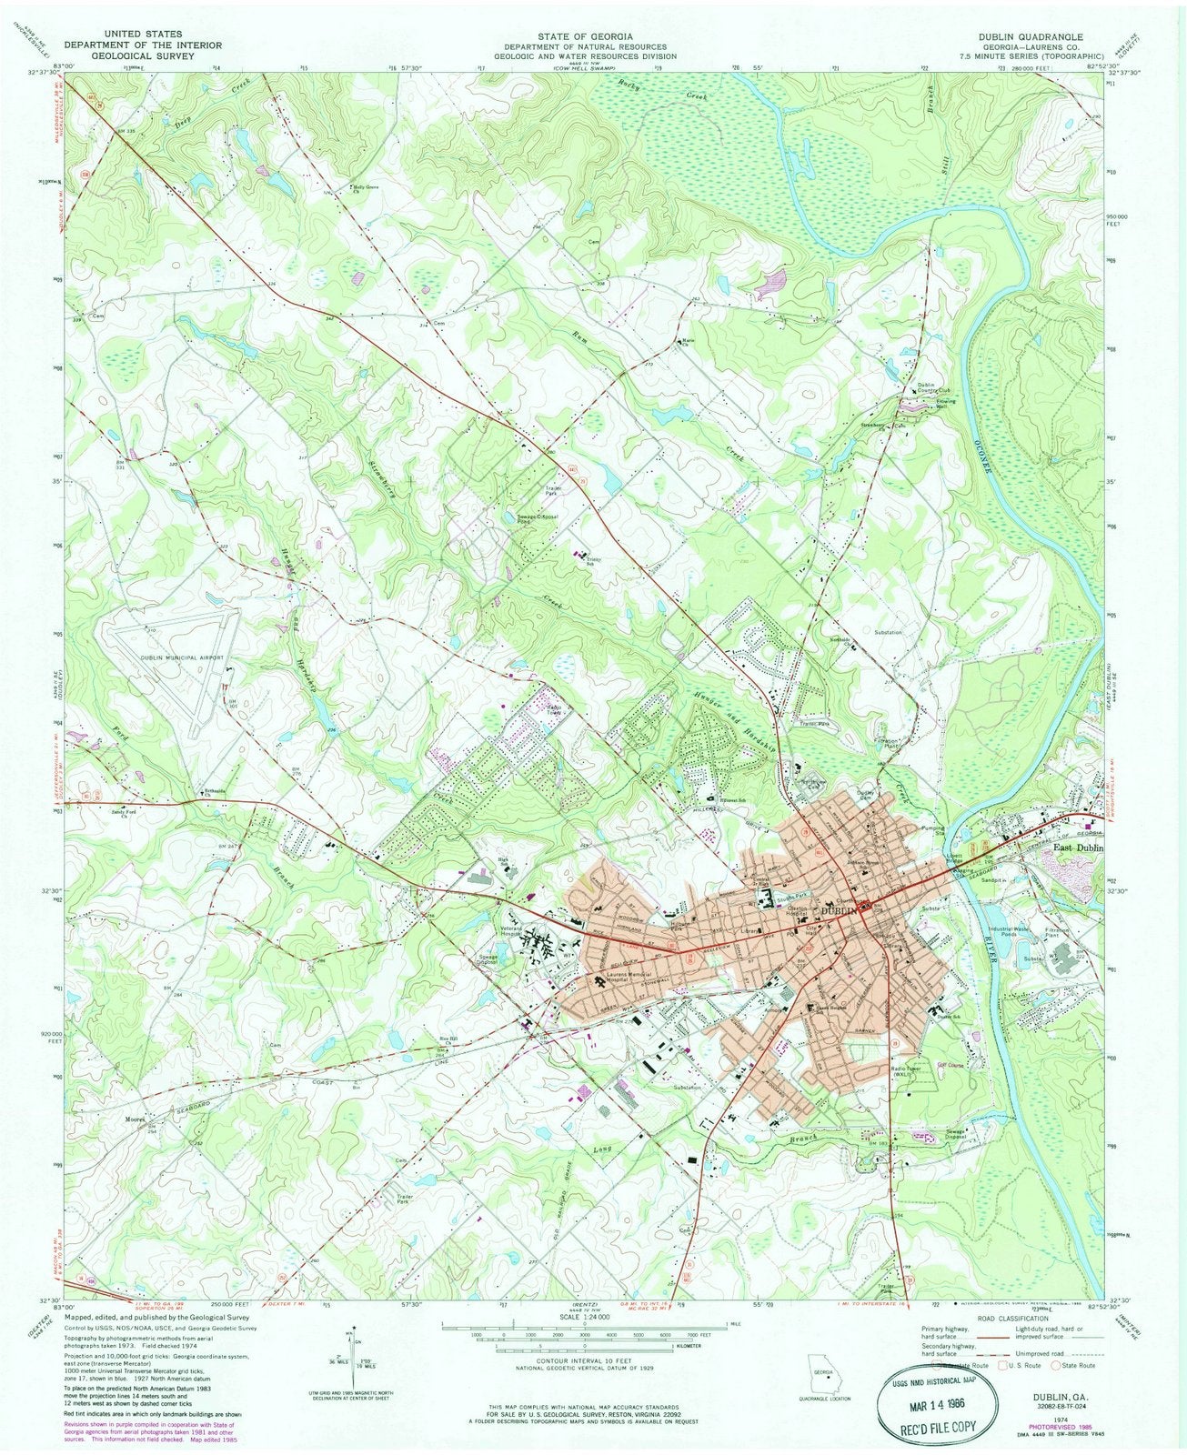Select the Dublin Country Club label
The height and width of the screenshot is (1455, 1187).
(926, 388)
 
